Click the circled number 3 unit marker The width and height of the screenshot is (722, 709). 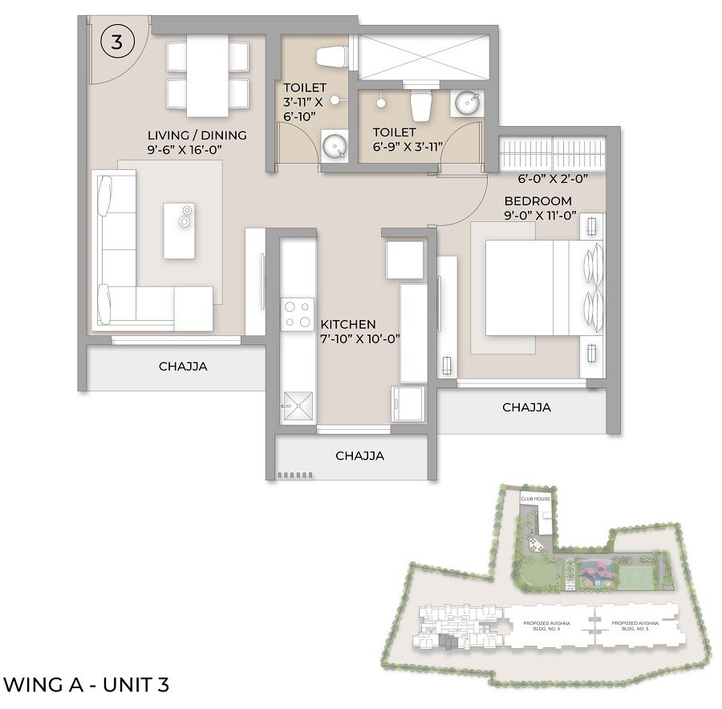[x=116, y=43]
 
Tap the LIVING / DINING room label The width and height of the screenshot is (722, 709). [x=197, y=135]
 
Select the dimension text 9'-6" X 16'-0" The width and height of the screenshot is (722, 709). [x=197, y=149]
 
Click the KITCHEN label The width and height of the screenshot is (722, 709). [x=348, y=324]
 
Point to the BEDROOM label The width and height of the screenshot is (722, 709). [x=537, y=201]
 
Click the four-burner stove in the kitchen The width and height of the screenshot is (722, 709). [x=297, y=313]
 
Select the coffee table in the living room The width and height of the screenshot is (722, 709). [x=179, y=230]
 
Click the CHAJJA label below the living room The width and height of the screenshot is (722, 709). [x=183, y=367]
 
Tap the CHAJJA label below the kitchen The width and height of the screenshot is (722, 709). [x=359, y=456]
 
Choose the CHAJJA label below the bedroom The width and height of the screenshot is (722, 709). [x=526, y=407]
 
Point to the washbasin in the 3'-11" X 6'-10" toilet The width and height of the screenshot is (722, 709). [x=334, y=146]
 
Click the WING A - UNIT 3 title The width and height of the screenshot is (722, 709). [x=87, y=684]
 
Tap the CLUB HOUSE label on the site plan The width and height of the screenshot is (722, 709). [x=536, y=499]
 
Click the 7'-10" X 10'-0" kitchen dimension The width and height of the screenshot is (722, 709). [x=360, y=338]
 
